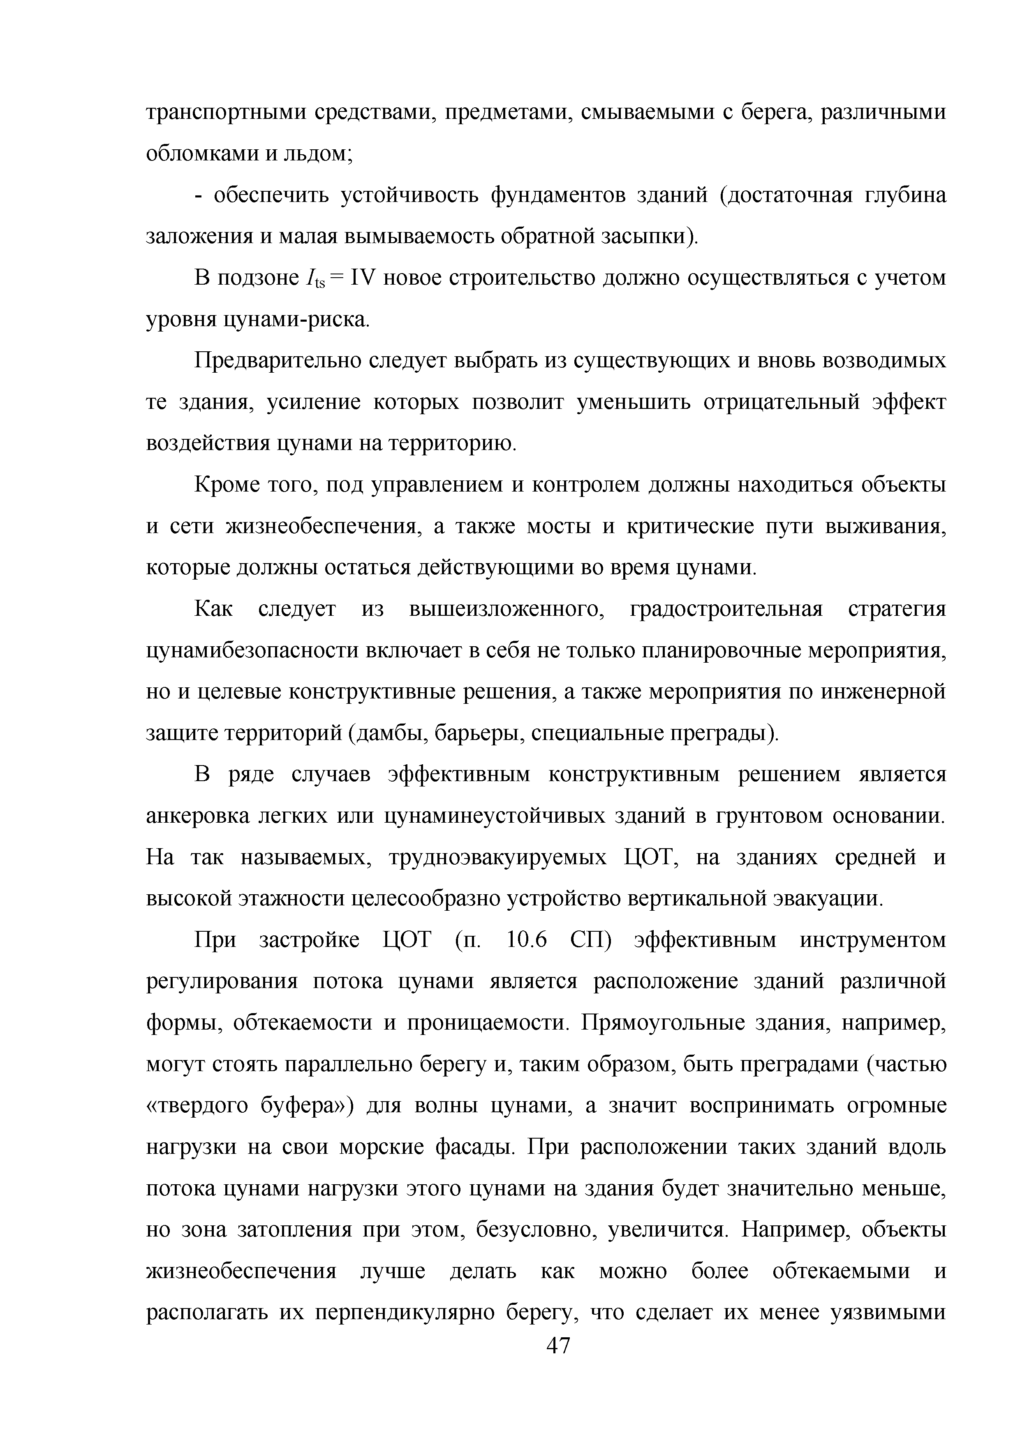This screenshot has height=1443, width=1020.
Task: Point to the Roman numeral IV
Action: pos(362,278)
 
